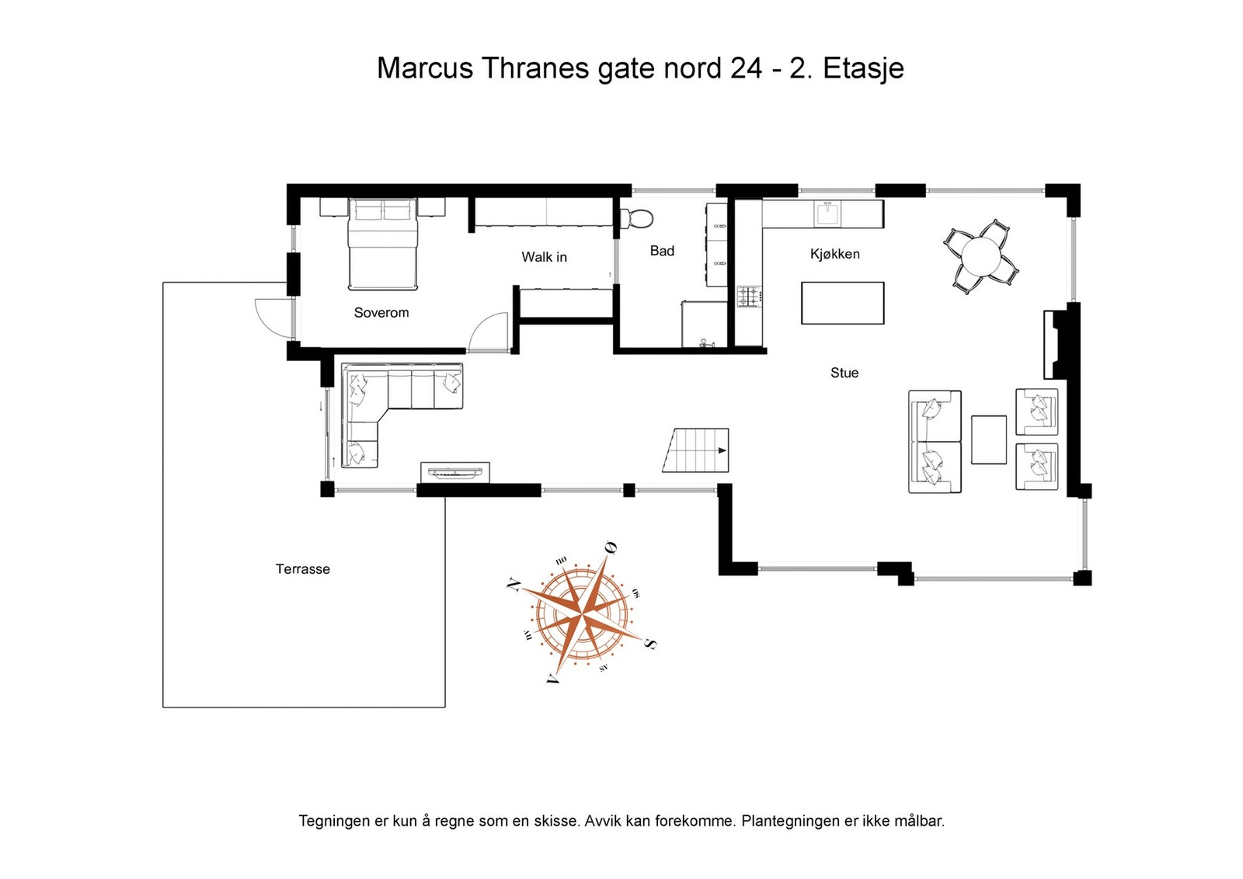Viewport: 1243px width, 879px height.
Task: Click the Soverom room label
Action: coord(381,313)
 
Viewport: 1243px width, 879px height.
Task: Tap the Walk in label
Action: coord(544,257)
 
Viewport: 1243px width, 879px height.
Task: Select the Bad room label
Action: coord(662,251)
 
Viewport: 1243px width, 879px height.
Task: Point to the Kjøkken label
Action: coord(834,254)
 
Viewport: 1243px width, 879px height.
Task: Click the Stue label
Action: coord(844,373)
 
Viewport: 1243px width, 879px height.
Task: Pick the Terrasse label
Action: coord(302,569)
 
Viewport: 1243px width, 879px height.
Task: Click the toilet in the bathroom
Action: coord(637,217)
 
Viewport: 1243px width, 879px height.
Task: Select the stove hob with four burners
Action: coord(749,297)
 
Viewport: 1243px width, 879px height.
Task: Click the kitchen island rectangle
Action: coord(842,303)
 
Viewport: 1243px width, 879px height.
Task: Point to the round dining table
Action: coord(981,257)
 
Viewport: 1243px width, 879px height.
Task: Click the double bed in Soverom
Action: coord(382,245)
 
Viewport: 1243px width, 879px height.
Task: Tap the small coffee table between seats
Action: coord(988,439)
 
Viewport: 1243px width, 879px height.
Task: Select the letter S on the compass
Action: coord(650,643)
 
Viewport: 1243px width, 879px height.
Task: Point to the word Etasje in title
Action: coord(863,69)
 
